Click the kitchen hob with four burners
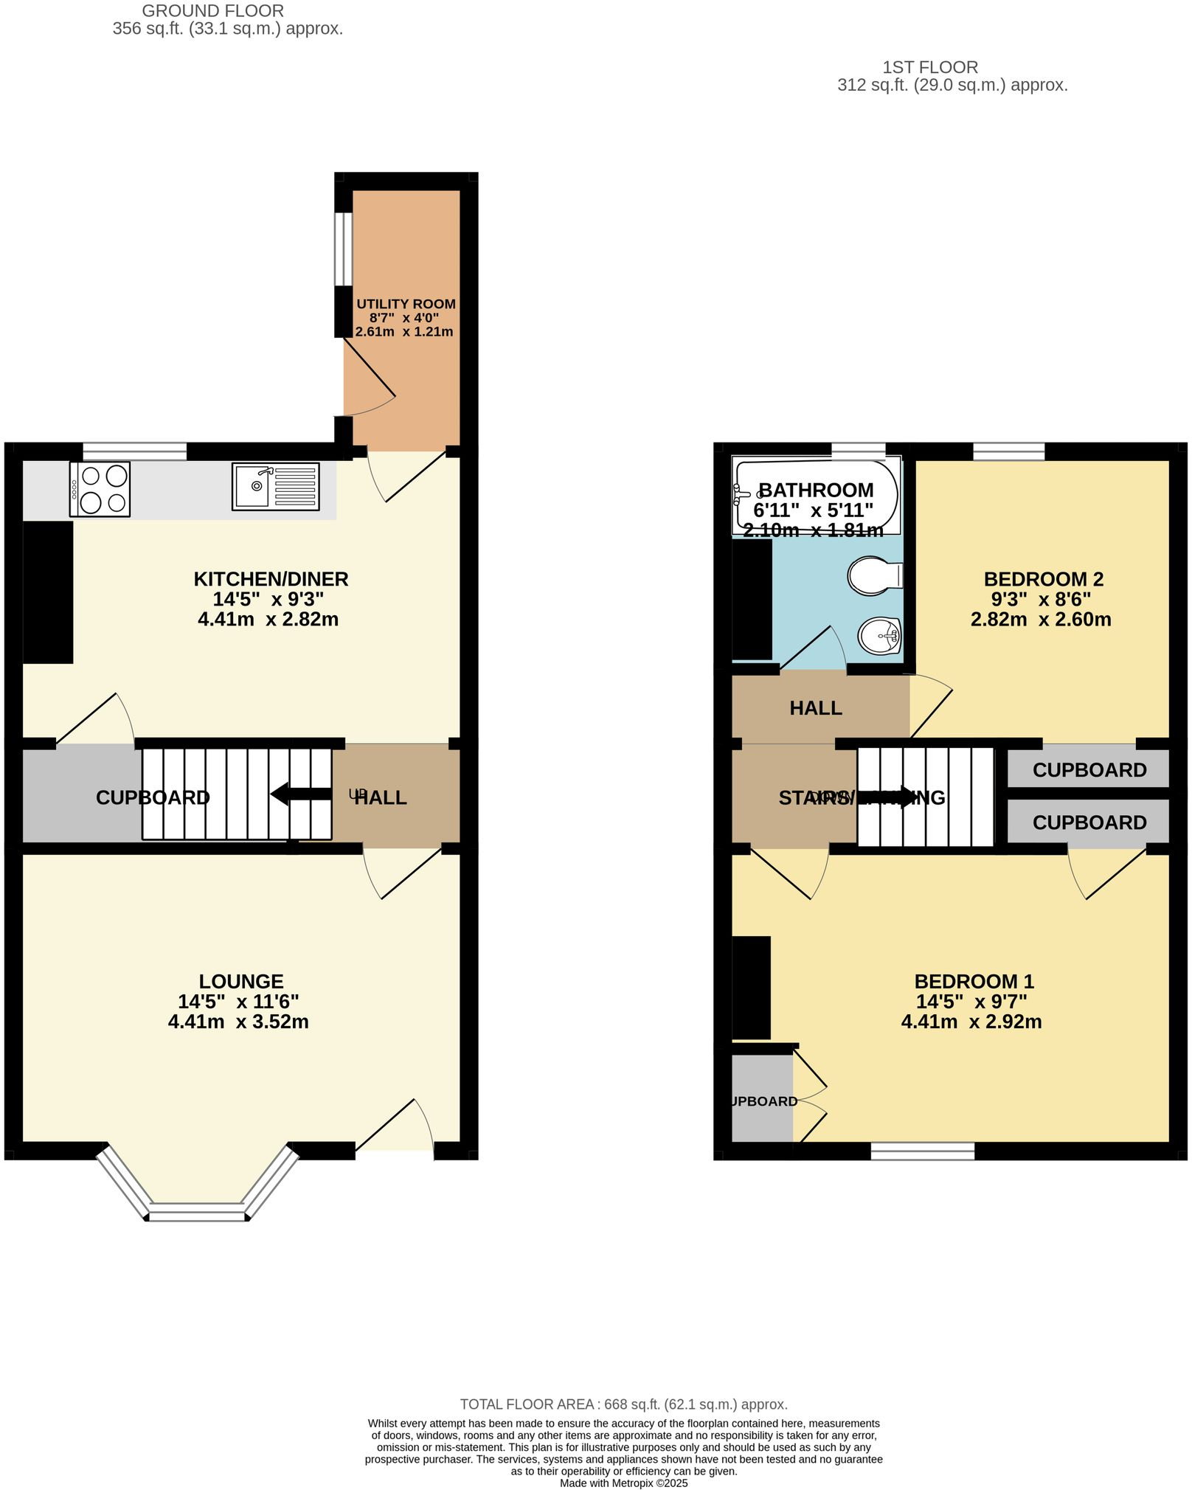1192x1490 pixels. pos(100,489)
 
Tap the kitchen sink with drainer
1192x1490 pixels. pos(275,486)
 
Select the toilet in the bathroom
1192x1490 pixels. pos(875,575)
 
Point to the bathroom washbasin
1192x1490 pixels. pos(880,635)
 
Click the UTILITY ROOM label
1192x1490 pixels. pos(406,304)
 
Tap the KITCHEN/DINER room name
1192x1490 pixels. pos(271,579)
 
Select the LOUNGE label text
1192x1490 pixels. pos(241,981)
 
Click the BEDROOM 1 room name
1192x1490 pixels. pos(974,981)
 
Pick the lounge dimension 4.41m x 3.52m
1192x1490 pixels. pos(238,1022)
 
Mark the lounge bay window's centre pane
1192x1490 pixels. pos(197,1212)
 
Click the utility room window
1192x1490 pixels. pos(343,249)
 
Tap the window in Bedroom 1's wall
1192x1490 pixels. pos(922,1151)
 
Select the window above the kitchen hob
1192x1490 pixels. pos(134,451)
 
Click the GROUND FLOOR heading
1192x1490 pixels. pos(212,11)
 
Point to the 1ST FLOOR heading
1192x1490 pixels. pos(930,67)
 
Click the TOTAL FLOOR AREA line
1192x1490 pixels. pos(623,1404)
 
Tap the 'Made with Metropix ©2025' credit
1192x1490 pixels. pos(623,1483)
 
